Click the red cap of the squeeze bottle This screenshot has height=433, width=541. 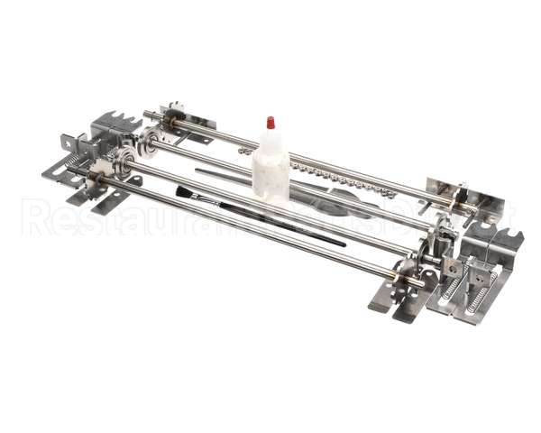coord(268,122)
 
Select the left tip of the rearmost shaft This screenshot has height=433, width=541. coord(146,114)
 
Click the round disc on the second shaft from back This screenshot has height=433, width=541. coord(149,142)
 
